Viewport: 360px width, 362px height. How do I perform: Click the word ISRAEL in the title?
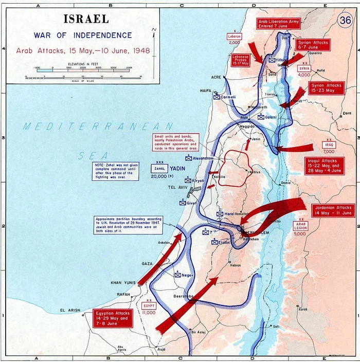[x=86, y=19]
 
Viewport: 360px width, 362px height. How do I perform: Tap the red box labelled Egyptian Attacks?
[x=113, y=319]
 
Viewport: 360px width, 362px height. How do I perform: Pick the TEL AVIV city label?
[x=175, y=187]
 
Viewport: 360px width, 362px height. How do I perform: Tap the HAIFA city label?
[x=206, y=90]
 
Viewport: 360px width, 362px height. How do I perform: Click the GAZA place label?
[x=148, y=263]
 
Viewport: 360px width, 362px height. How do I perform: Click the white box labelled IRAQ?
[x=328, y=145]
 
